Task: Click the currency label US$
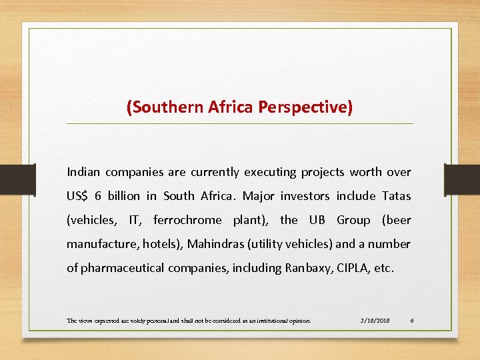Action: pos(77,196)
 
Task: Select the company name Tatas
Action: pos(397,196)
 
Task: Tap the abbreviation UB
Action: pos(316,220)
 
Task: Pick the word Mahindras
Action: pos(215,244)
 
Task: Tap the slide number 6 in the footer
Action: pos(412,321)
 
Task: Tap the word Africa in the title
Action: pos(229,107)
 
